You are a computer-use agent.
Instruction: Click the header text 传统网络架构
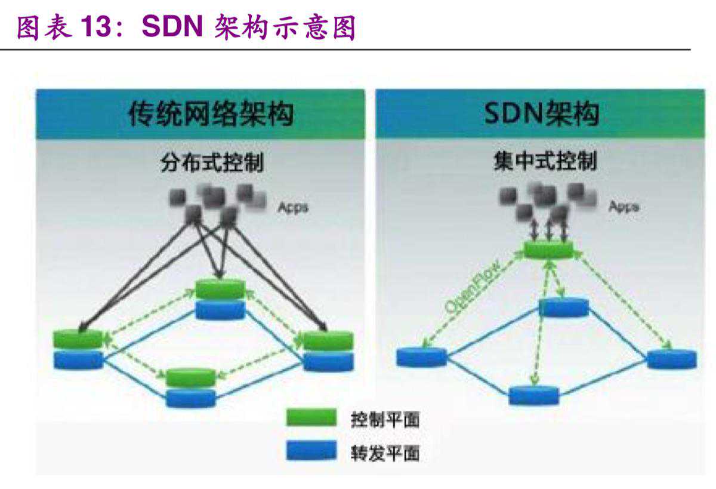pyautogui.click(x=211, y=113)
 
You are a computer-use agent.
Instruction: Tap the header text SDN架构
pyautogui.click(x=541, y=113)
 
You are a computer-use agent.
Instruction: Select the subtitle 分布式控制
pyautogui.click(x=212, y=163)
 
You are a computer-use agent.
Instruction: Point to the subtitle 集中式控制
pyautogui.click(x=545, y=161)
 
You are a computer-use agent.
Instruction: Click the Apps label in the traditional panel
pyautogui.click(x=293, y=208)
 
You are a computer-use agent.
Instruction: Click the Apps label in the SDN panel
pyautogui.click(x=624, y=207)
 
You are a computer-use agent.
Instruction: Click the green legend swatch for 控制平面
pyautogui.click(x=311, y=418)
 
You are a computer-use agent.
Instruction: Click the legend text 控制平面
pyautogui.click(x=385, y=419)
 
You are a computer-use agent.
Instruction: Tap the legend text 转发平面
pyautogui.click(x=385, y=453)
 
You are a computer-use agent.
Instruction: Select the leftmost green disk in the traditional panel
pyautogui.click(x=78, y=339)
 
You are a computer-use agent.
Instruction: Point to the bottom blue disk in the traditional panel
pyautogui.click(x=190, y=398)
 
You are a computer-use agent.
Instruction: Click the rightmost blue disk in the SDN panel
pyautogui.click(x=671, y=359)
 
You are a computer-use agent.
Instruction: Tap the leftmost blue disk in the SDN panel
pyautogui.click(x=421, y=357)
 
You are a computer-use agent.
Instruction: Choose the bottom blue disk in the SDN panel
pyautogui.click(x=534, y=395)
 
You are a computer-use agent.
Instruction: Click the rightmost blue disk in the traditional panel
pyautogui.click(x=328, y=361)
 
